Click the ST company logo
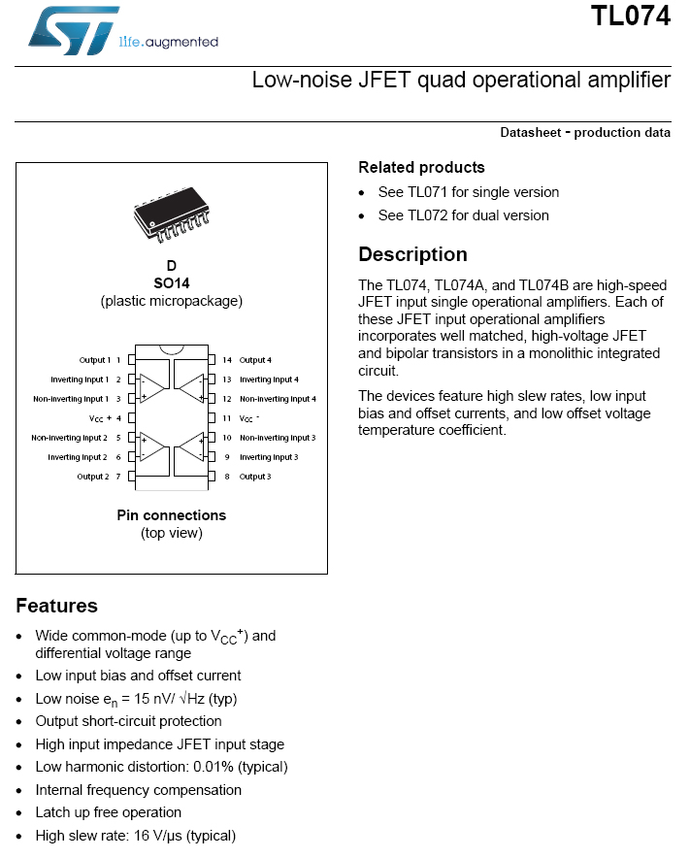tap(73, 29)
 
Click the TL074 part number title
tap(631, 16)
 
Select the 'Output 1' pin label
tap(94, 360)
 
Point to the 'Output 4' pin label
tap(255, 360)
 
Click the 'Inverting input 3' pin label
tap(269, 457)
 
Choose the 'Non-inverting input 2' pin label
tap(69, 438)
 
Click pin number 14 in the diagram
tap(226, 360)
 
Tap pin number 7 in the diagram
tap(117, 477)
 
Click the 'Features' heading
tap(56, 606)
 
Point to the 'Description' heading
tap(412, 254)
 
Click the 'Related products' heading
tap(421, 167)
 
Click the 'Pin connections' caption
tap(171, 515)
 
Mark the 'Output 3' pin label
tap(255, 477)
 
